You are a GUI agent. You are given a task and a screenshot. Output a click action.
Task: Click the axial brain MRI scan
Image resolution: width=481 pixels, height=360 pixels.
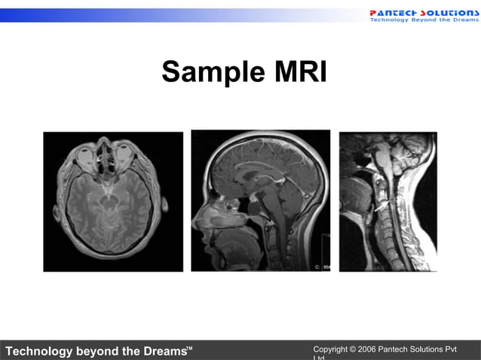click(x=113, y=201)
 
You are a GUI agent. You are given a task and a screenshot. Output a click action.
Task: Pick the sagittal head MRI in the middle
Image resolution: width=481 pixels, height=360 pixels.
click(x=260, y=200)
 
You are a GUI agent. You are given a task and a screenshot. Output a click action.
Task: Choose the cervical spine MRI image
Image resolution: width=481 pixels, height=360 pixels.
click(x=388, y=201)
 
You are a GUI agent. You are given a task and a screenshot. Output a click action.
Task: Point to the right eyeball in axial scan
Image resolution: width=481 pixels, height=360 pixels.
click(x=124, y=155)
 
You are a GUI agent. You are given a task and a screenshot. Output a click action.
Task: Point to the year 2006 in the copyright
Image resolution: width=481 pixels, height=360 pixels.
click(x=366, y=349)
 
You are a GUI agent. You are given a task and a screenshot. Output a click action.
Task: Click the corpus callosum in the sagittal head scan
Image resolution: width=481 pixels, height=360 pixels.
click(x=253, y=175)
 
